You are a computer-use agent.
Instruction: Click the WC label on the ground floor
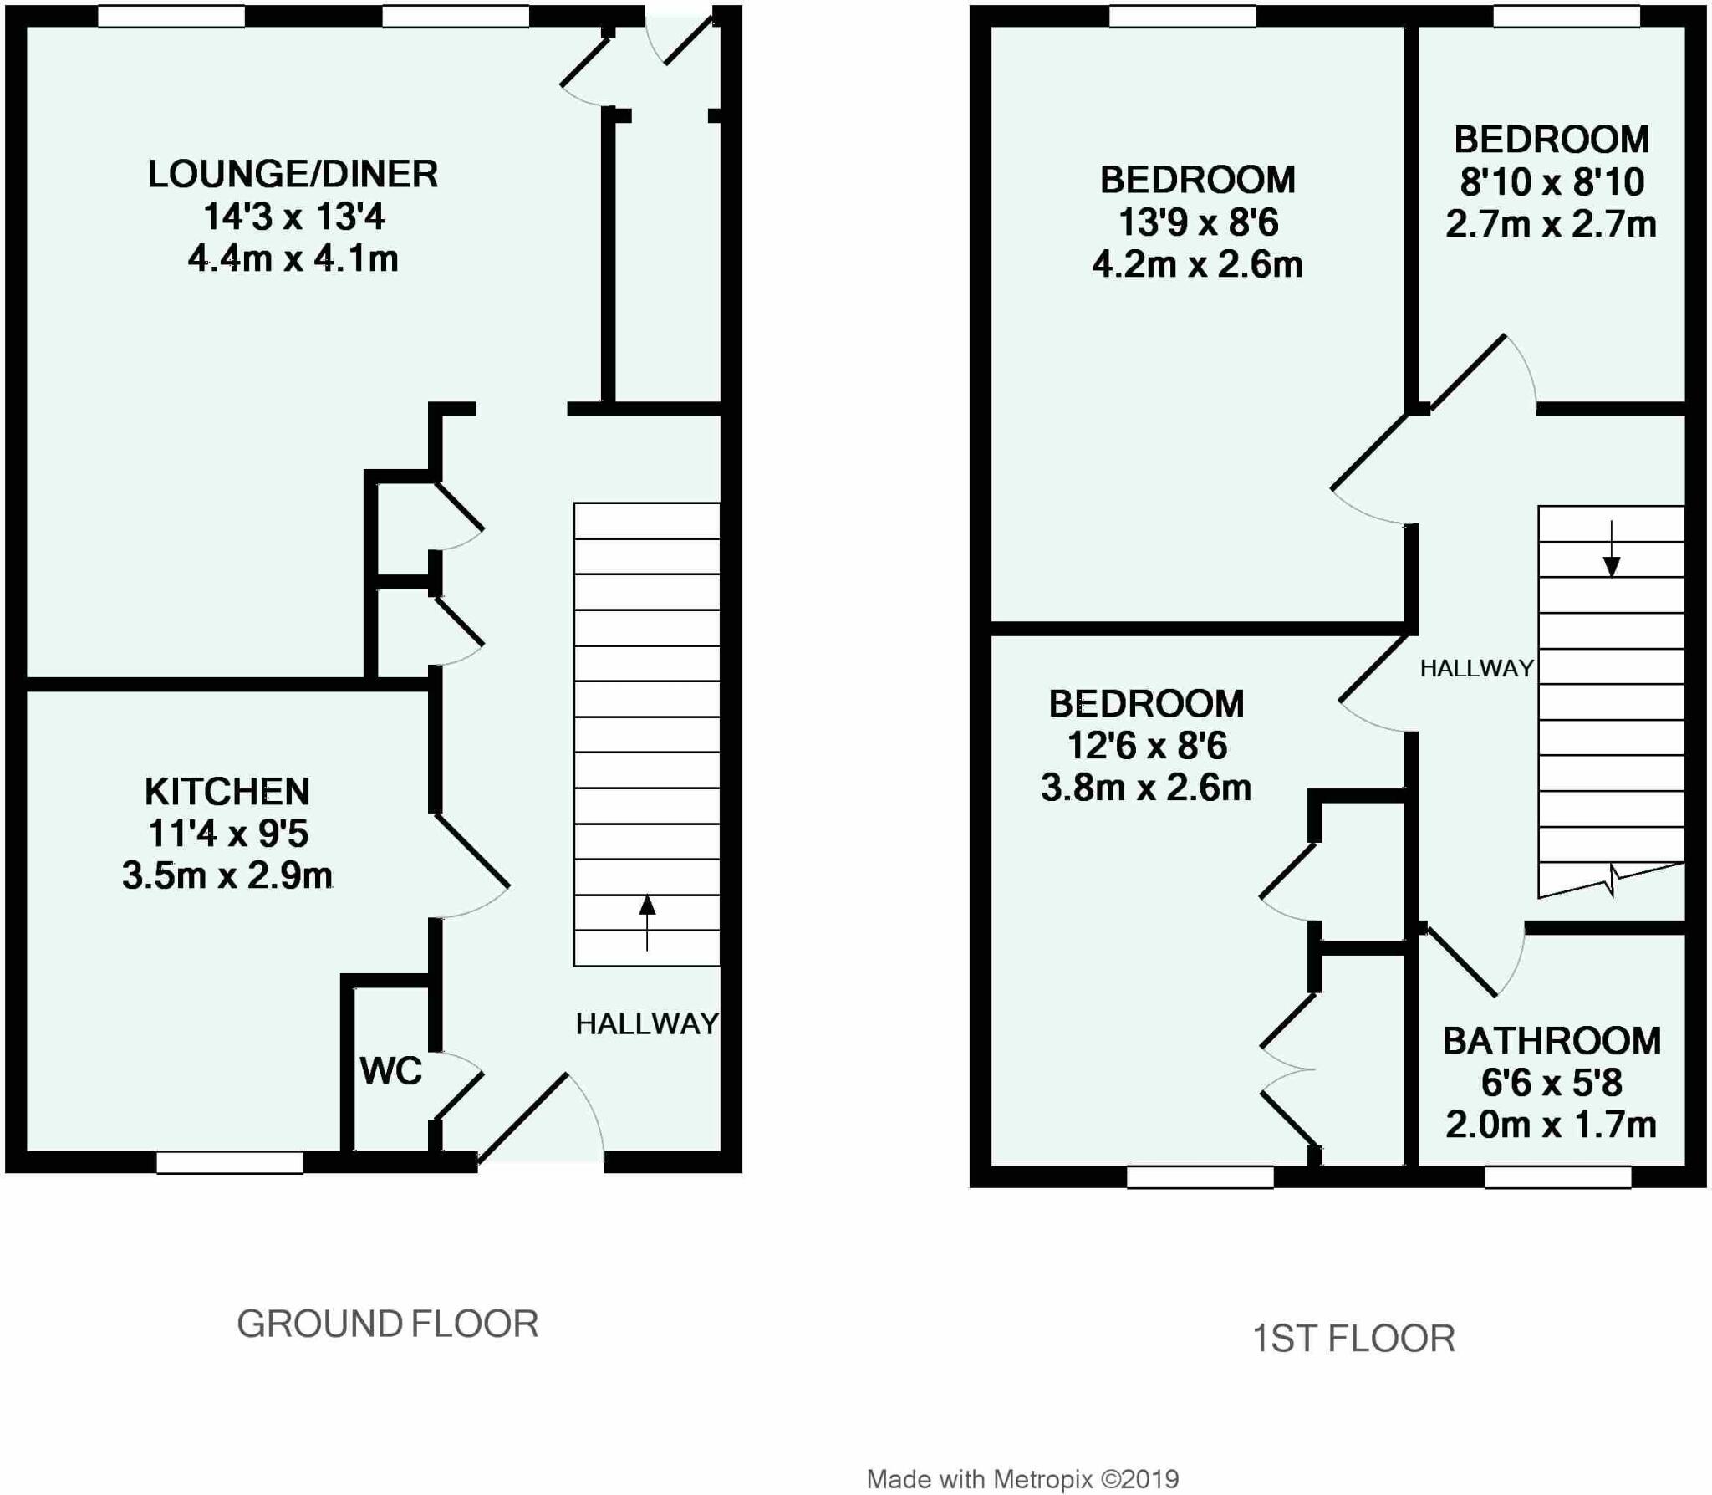(391, 1070)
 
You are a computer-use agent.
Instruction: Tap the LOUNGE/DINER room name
(293, 174)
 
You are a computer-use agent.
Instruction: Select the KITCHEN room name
(227, 791)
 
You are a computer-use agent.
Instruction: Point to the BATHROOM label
(1551, 1040)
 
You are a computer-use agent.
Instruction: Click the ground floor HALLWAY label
(647, 1023)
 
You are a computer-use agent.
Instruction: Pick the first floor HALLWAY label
(1477, 668)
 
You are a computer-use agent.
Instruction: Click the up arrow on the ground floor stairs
(647, 922)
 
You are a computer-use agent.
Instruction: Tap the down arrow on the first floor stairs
(1612, 549)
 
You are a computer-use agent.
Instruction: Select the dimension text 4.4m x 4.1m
(293, 259)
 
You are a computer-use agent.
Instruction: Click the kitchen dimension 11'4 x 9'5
(228, 834)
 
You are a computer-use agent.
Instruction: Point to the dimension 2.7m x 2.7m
(1551, 224)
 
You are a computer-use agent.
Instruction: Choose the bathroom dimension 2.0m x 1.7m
(1551, 1125)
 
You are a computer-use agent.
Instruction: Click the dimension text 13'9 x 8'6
(1198, 222)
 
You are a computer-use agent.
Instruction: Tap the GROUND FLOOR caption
(388, 1324)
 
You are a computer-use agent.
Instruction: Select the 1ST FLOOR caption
(1353, 1339)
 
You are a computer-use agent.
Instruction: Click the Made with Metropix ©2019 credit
(1023, 1479)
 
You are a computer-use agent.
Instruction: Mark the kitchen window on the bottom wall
(230, 1162)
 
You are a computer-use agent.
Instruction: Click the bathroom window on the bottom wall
(1557, 1176)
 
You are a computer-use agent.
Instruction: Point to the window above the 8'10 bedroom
(1567, 16)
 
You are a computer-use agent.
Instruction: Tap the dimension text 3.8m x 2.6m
(1146, 788)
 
